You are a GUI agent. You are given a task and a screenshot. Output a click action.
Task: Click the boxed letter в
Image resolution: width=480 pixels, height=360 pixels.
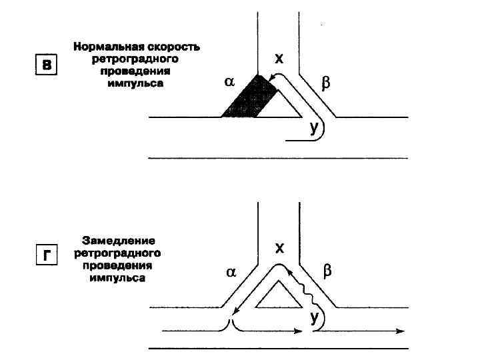point(45,65)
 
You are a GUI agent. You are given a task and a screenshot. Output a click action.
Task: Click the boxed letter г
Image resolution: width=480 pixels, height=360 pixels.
point(45,256)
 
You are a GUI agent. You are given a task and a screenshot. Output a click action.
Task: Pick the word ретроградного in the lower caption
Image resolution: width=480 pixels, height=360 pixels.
point(119,253)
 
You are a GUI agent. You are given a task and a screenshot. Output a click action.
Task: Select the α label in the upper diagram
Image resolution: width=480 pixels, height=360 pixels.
point(230,82)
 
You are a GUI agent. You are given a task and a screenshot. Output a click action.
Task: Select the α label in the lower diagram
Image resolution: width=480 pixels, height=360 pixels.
point(231,272)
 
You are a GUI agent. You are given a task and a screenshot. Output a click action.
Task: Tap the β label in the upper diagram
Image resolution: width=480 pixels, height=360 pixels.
point(325,84)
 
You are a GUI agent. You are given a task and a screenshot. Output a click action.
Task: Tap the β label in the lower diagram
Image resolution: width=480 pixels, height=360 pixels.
point(327,271)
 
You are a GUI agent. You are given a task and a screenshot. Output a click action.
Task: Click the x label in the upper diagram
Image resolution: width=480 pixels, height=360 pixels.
point(279,59)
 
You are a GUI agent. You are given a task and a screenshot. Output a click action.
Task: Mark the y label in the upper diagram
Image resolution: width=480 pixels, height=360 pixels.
point(314,127)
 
